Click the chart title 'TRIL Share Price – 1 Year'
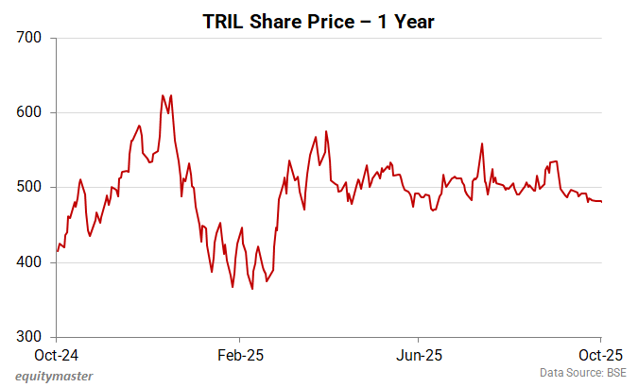(319, 21)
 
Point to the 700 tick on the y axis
(31, 38)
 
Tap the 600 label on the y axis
(31, 112)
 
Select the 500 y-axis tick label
(31, 187)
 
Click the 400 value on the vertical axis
(31, 262)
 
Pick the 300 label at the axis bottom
(31, 337)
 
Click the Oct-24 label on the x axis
(57, 356)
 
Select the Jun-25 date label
(418, 356)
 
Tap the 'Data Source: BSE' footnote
(584, 374)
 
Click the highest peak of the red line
(163, 95)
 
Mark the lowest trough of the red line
(251, 289)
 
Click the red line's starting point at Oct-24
(58, 251)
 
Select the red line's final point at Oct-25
(601, 202)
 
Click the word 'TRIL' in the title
(222, 21)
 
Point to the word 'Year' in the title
(414, 21)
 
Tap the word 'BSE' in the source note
(616, 374)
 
